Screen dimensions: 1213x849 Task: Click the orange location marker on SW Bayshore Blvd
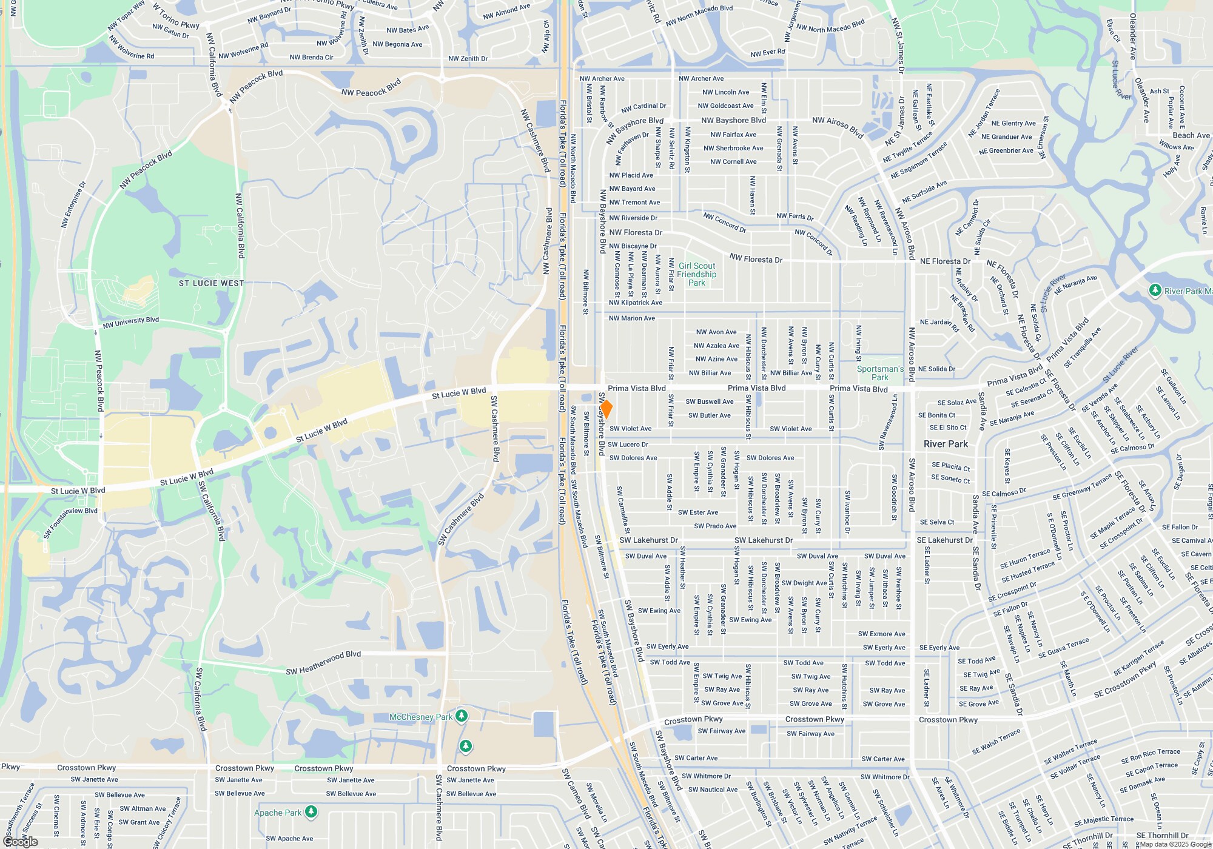coord(605,409)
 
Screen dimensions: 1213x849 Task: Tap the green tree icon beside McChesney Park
coord(462,716)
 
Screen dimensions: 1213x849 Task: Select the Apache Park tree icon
coord(311,811)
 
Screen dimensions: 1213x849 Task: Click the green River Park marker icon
coord(1155,290)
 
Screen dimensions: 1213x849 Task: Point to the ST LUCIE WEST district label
coord(211,283)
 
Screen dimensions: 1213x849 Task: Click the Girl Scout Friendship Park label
coord(697,274)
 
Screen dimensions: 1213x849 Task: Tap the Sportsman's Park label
coord(880,372)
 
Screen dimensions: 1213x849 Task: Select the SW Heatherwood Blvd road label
coord(323,662)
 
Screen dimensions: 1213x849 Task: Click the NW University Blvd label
coord(130,322)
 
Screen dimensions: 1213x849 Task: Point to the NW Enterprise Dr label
coord(73,204)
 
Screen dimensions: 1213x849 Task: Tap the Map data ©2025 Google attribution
coord(1175,844)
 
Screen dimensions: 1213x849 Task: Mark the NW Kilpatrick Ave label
coord(635,303)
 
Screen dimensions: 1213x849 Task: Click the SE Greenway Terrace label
coord(1082,487)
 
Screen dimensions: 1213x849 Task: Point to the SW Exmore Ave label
coord(881,634)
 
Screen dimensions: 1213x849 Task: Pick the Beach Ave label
coord(1191,135)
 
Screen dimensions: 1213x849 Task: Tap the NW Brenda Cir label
coord(311,58)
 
